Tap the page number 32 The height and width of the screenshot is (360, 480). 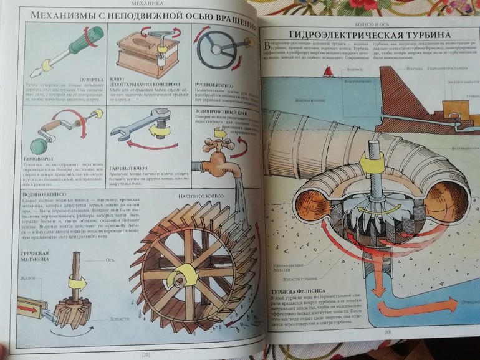pos(145,354)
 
